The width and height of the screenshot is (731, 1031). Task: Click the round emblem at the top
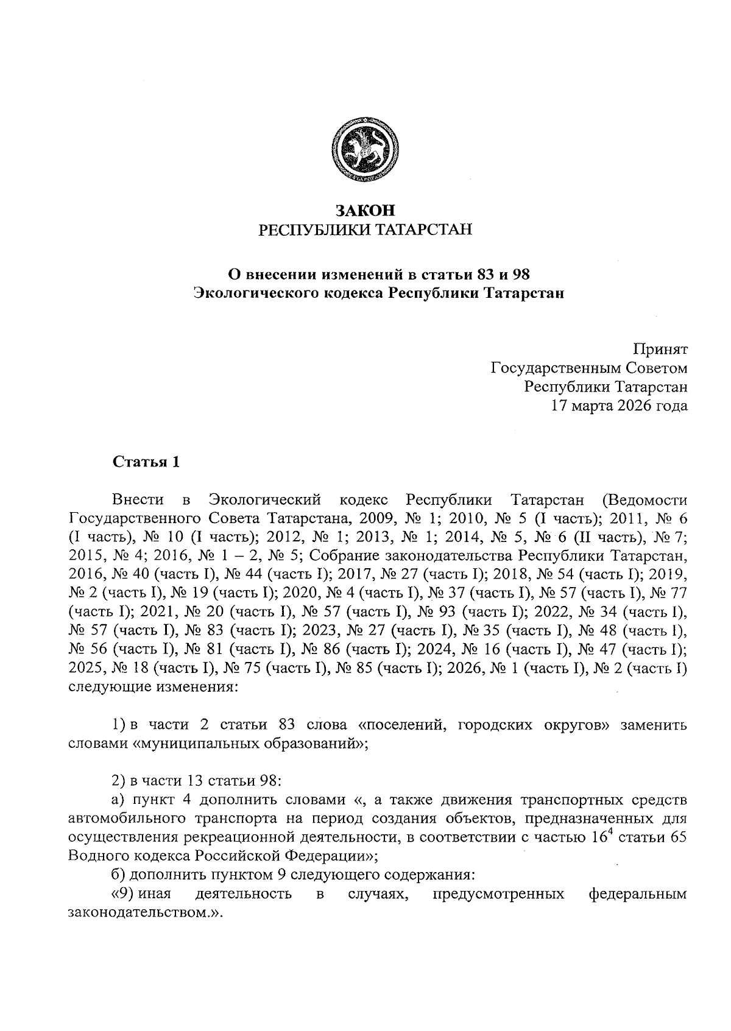coord(365,150)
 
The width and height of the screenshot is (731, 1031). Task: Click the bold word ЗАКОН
coord(365,211)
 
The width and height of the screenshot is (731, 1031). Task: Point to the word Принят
coord(660,350)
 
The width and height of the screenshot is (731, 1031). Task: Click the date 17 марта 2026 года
coord(619,406)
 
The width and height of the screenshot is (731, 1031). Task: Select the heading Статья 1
coord(146,462)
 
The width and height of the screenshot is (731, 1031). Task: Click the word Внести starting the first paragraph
coord(138,501)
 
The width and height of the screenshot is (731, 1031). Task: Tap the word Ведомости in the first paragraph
coord(644,501)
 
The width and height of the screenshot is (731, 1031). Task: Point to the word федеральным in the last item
coord(638,894)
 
